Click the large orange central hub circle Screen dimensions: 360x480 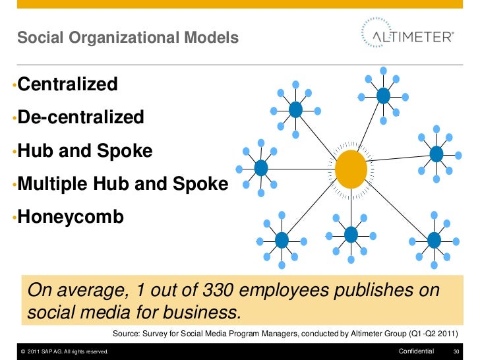351,169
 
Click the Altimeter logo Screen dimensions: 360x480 407,36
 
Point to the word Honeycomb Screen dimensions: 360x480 71,217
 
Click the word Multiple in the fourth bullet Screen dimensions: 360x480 53,184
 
